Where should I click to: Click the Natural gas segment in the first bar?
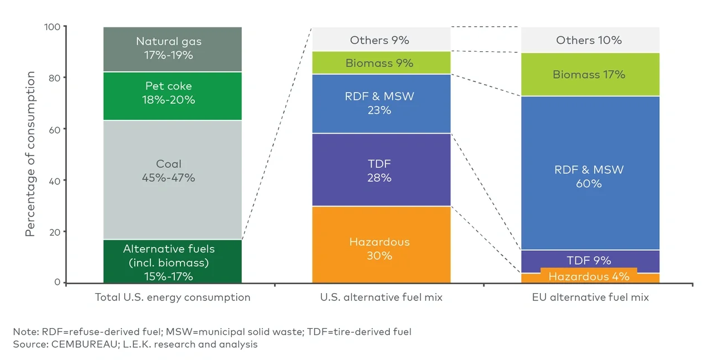(x=172, y=48)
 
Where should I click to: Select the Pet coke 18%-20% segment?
(x=172, y=94)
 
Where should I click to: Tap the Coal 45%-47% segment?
(x=172, y=171)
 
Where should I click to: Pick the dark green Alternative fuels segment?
(x=172, y=262)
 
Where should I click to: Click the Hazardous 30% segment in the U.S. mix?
(x=380, y=249)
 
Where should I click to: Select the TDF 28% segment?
(x=380, y=171)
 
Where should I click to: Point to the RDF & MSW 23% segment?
(x=380, y=103)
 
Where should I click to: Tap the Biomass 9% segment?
(x=380, y=63)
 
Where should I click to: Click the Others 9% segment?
(x=380, y=40)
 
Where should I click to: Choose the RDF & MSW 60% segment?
(x=590, y=176)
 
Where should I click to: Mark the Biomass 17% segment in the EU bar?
(x=590, y=74)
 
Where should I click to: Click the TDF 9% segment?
(x=590, y=260)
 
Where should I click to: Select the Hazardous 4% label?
(x=590, y=276)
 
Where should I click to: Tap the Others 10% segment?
(x=590, y=40)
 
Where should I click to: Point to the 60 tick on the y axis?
(x=54, y=129)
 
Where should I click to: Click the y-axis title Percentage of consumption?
(x=30, y=154)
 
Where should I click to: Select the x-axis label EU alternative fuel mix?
(x=590, y=298)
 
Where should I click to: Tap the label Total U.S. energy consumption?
(x=172, y=298)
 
